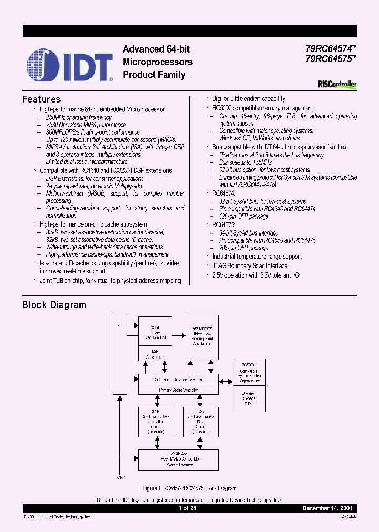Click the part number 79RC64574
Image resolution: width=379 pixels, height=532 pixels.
[x=330, y=49]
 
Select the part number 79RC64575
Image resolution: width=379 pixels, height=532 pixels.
[x=330, y=59]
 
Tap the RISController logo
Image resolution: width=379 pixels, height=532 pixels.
[x=337, y=84]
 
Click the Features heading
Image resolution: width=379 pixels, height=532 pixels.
[x=42, y=99]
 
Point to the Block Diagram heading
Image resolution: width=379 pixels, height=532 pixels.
[x=54, y=305]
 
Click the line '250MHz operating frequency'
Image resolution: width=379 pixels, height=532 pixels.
[x=79, y=118]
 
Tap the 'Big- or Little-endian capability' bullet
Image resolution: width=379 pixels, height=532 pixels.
[x=248, y=98]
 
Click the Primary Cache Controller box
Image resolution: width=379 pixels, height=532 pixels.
[x=178, y=390]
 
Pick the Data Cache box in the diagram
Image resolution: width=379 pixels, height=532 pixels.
[x=201, y=422]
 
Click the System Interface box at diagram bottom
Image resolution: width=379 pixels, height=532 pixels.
[x=178, y=460]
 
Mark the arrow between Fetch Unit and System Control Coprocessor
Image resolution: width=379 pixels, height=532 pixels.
[x=226, y=379]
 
